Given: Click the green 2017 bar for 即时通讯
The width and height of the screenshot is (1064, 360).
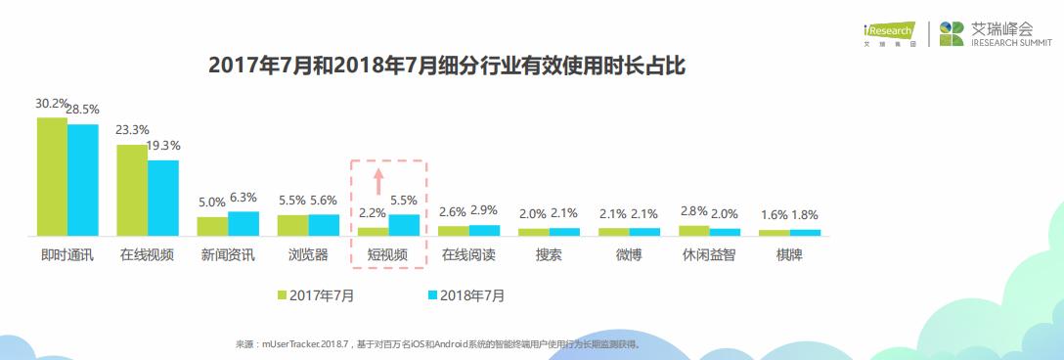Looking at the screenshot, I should (52, 176).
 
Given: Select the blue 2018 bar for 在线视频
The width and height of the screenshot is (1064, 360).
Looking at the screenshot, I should (163, 198).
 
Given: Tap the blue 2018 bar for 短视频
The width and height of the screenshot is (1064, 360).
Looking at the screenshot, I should (404, 225).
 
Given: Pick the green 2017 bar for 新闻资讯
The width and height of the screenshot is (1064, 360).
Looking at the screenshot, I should (212, 226).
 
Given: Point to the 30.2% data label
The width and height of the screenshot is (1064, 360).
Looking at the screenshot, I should (51, 103).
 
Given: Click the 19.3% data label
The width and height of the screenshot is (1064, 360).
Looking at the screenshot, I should (162, 145).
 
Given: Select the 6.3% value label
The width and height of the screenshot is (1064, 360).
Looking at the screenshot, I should (243, 198).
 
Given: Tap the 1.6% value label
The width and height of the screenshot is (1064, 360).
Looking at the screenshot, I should (774, 215).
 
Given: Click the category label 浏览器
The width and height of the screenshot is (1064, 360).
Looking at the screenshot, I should (308, 255).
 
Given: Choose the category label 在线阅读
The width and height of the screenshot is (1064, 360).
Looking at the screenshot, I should (468, 255).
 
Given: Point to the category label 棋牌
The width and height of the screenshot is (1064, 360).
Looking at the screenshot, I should (789, 255).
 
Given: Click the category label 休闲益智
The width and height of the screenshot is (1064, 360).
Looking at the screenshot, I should (709, 255).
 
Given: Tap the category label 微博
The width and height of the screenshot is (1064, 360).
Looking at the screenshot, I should (629, 255).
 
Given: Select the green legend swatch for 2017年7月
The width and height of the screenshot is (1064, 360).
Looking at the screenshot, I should (281, 293).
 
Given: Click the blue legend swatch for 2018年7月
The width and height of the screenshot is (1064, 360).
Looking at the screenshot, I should (431, 293).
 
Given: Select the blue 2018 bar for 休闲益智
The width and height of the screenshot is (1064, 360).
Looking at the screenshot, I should (725, 232).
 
